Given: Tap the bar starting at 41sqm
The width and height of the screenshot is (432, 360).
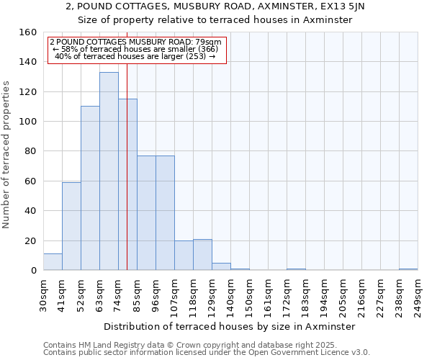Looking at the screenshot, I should tap(71, 226).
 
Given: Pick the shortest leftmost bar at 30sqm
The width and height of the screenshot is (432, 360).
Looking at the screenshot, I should tap(53, 262).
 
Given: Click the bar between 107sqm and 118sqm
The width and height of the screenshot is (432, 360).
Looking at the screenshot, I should tap(184, 256).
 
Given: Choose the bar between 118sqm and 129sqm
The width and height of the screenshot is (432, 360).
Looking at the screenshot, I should tap(202, 255).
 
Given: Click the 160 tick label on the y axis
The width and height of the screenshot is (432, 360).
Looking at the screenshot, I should tap(27, 32).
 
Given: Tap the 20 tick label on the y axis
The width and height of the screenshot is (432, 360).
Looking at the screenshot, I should tap(30, 241).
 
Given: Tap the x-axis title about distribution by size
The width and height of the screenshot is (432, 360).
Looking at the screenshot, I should tap(230, 326).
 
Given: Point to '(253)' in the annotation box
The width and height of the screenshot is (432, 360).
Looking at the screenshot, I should tap(196, 55).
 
